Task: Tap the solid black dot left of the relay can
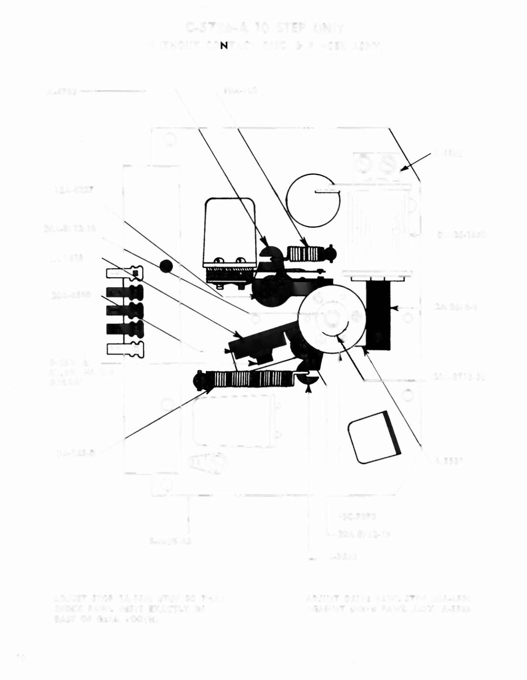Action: pos(166,266)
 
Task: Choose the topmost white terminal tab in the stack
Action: pos(124,273)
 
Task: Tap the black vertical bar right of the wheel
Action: pos(378,316)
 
